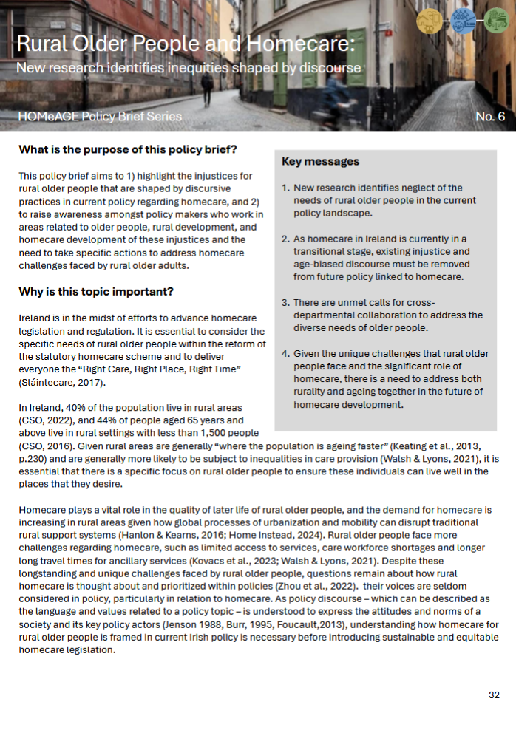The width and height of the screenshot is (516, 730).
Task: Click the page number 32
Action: (494, 695)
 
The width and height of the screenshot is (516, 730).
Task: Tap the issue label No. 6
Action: (490, 117)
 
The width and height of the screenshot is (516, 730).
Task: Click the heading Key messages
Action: (320, 162)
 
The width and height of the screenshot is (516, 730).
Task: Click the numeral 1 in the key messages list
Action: (285, 188)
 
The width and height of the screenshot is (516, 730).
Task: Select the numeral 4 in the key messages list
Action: (285, 354)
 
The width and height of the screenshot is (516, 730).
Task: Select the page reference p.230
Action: (32, 459)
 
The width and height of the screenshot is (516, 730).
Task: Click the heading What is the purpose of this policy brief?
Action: (127, 150)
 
